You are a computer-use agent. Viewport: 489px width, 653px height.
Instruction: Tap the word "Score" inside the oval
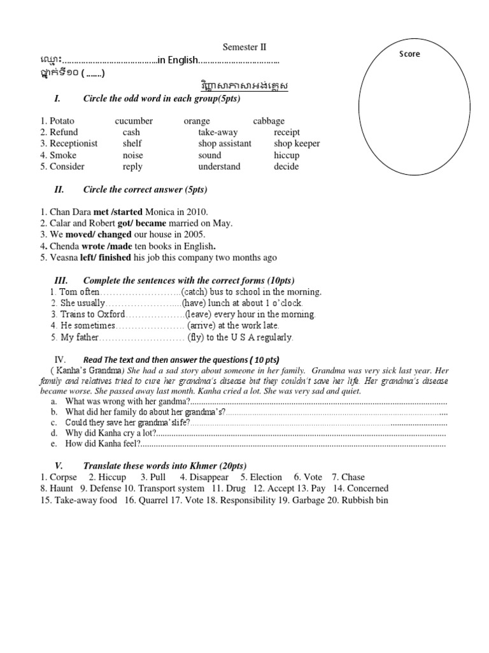(409, 54)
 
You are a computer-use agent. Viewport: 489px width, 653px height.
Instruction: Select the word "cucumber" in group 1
(134, 121)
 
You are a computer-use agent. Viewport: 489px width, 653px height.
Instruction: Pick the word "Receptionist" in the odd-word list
(73, 143)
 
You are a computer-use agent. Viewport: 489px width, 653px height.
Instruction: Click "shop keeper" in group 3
(297, 143)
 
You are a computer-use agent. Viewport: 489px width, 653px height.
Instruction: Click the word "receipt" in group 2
(287, 132)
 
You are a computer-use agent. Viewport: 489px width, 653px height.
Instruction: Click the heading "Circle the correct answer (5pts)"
(145, 190)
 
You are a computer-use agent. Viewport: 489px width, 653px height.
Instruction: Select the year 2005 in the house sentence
(194, 235)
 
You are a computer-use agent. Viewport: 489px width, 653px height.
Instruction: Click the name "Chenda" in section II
(65, 246)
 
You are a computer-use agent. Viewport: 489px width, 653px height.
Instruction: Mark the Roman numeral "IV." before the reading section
(60, 360)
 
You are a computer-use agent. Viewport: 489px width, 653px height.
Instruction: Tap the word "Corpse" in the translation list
(63, 477)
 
